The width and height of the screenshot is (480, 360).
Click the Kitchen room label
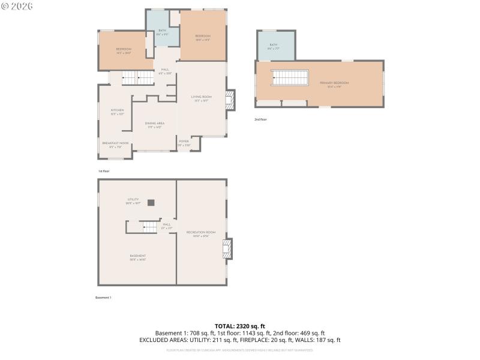pyautogui.click(x=117, y=111)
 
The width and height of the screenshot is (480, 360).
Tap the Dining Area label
pyautogui.click(x=154, y=124)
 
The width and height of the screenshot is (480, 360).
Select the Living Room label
pyautogui.click(x=202, y=98)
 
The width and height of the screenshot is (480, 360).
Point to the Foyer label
pyautogui.click(x=183, y=142)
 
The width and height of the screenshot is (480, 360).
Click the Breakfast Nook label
pyautogui.click(x=115, y=143)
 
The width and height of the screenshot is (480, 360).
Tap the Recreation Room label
pyautogui.click(x=200, y=233)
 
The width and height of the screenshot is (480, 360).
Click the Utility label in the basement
pyautogui.click(x=133, y=200)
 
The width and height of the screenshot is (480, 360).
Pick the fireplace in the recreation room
pyautogui.click(x=227, y=249)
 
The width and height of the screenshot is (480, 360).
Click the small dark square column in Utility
pyautogui.click(x=151, y=202)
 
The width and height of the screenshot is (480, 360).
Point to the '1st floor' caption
pyautogui.click(x=104, y=171)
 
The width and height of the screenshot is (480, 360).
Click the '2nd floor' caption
pyautogui.click(x=260, y=119)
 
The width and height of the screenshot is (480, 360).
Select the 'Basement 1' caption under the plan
pyautogui.click(x=103, y=298)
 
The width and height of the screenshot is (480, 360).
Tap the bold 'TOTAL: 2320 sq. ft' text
pyautogui.click(x=240, y=326)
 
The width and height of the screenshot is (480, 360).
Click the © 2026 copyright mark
pyautogui.click(x=17, y=6)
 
